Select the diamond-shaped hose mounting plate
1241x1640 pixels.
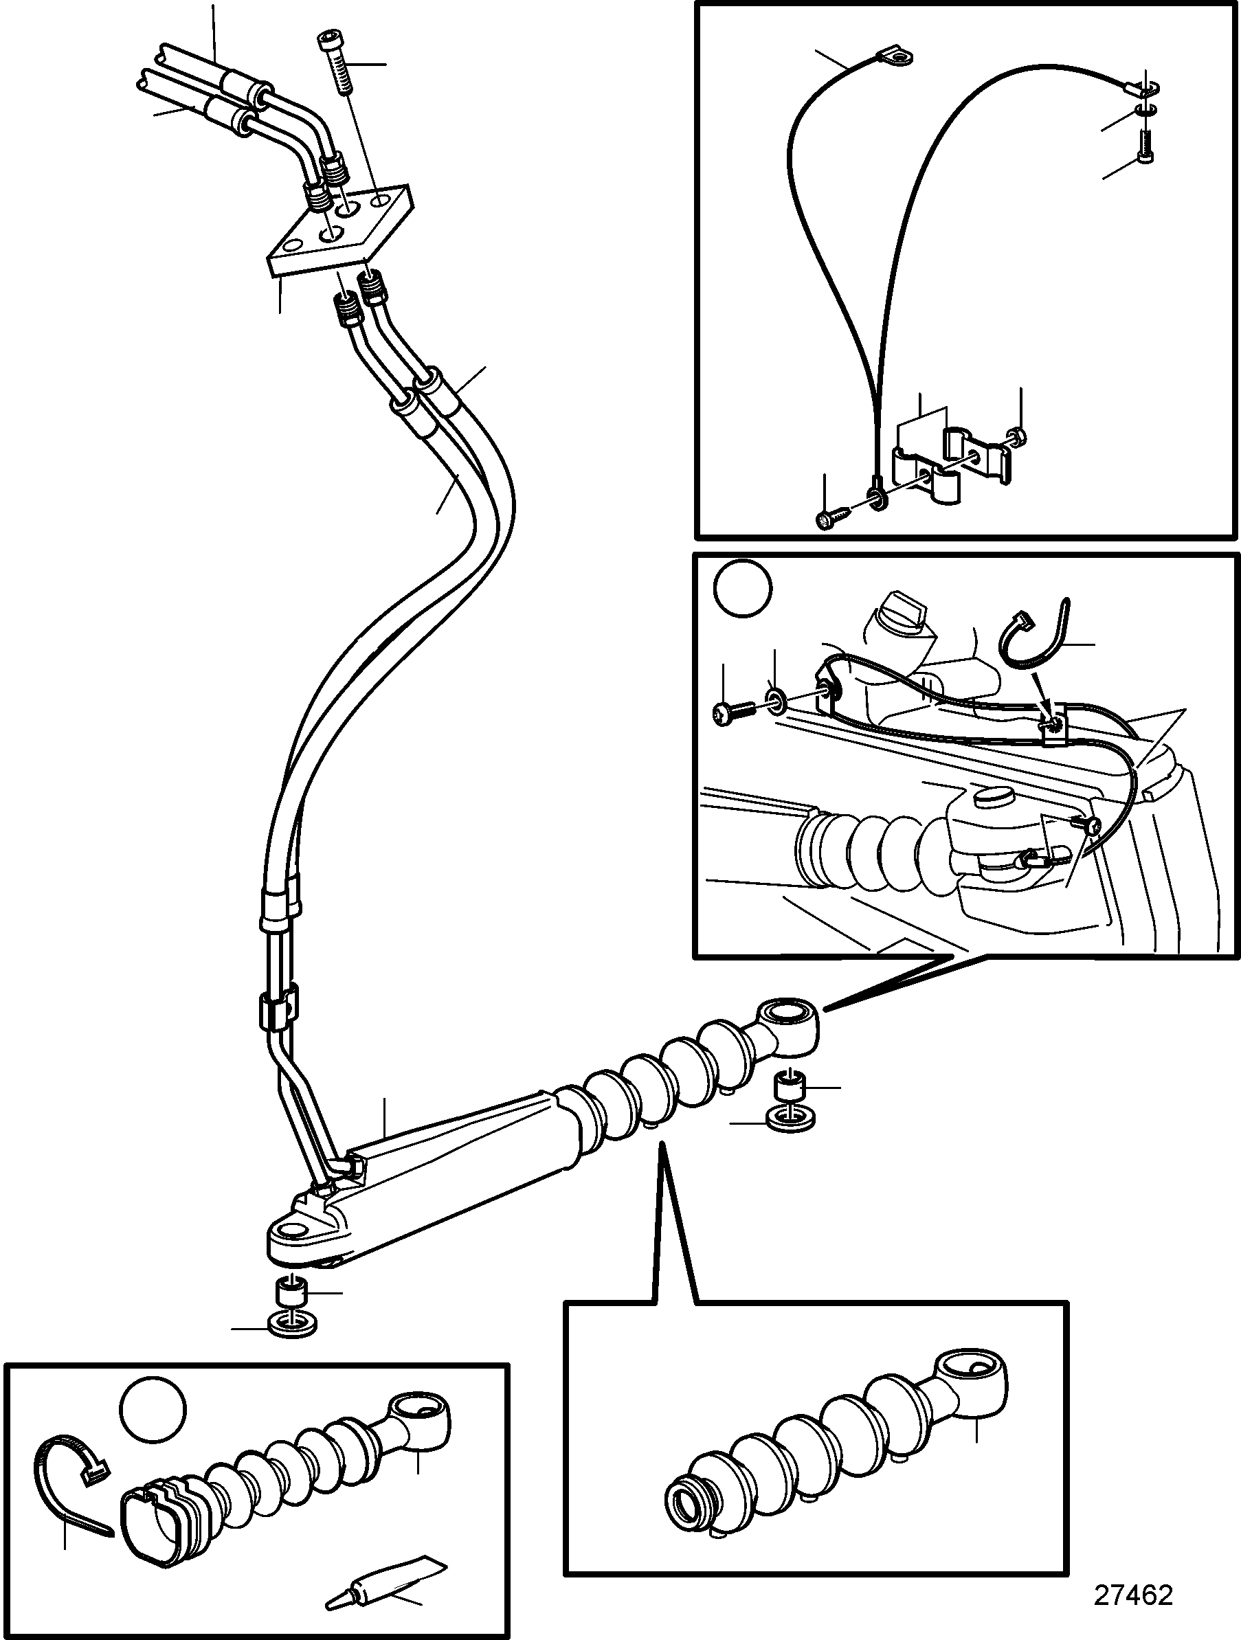tap(338, 232)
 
